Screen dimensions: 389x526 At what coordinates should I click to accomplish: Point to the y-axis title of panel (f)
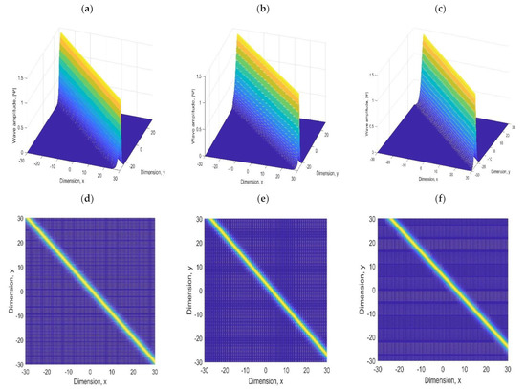click(364, 292)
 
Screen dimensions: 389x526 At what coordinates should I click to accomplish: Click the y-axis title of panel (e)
click(187, 292)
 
